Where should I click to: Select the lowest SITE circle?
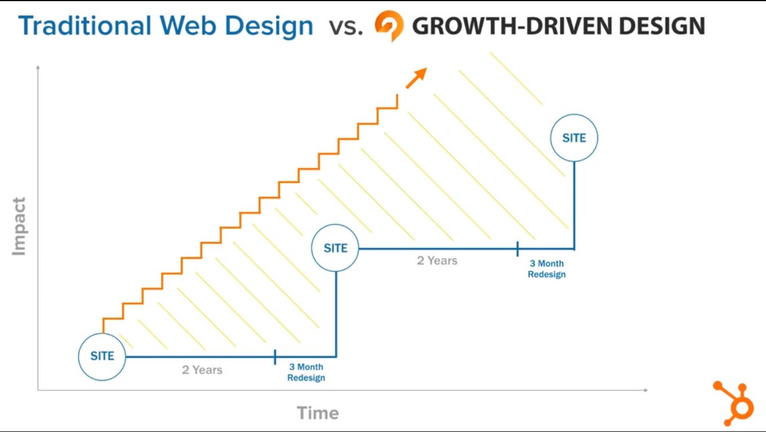(102, 356)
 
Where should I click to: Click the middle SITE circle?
(336, 248)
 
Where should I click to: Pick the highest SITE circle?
(574, 138)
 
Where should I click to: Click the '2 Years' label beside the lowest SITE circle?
(202, 370)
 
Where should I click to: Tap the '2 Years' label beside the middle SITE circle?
(437, 260)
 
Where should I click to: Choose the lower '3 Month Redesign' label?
(306, 372)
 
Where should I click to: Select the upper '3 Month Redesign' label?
(546, 269)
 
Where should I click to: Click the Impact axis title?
(19, 226)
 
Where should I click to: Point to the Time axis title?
(318, 413)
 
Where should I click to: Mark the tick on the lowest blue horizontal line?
(275, 357)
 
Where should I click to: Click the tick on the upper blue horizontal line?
(517, 248)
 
